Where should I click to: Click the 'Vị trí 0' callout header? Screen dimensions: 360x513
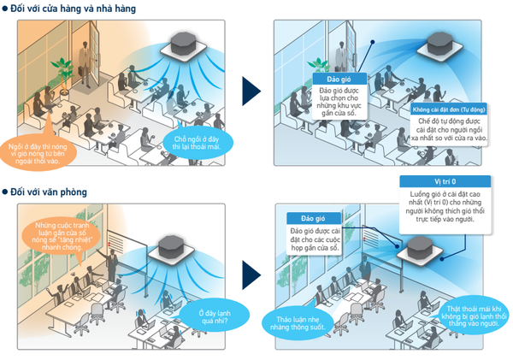(x=445, y=182)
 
